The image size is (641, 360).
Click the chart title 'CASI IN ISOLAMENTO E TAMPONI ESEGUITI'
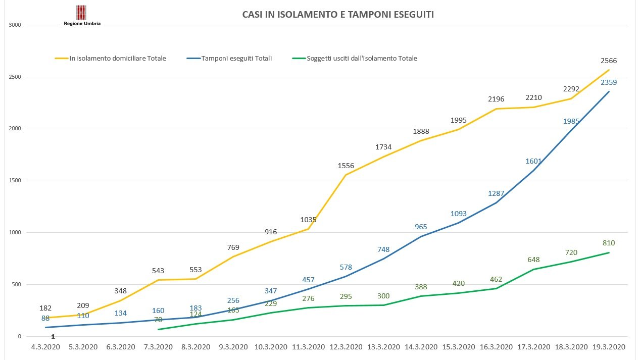point(338,15)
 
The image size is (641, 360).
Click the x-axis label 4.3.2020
point(46,347)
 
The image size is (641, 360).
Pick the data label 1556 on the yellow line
point(346,166)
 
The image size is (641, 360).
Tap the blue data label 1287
point(496,193)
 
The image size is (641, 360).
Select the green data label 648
point(533,260)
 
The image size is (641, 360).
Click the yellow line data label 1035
point(308,220)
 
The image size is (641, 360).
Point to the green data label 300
point(383,296)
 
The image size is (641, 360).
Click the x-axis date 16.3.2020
point(496,347)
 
